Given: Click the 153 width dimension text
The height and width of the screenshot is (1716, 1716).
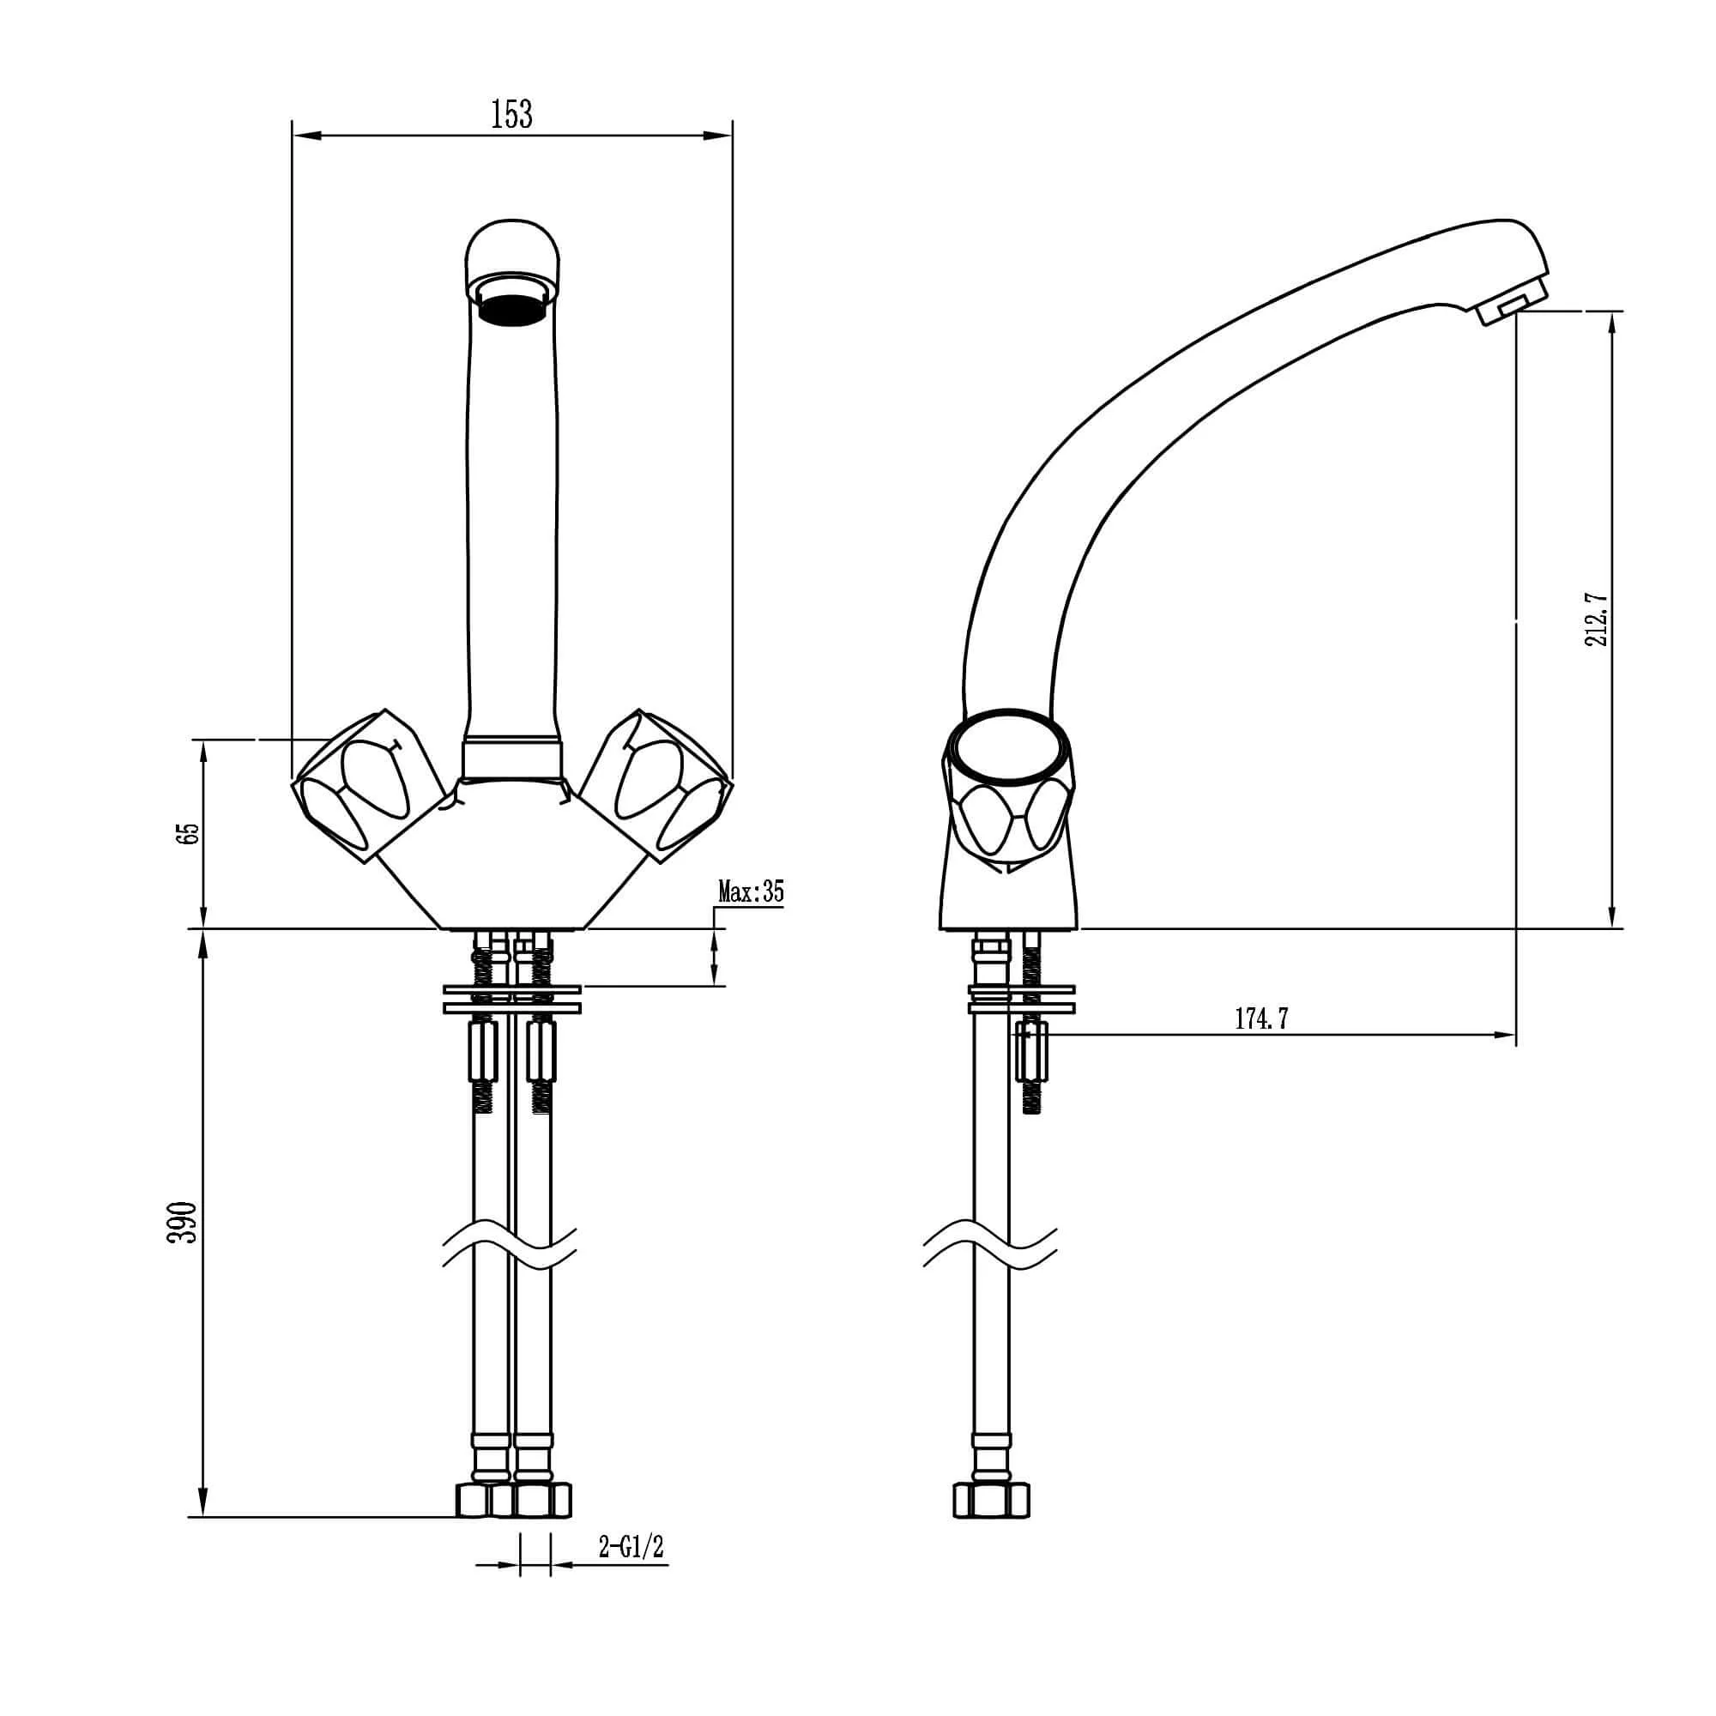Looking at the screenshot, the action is tap(511, 115).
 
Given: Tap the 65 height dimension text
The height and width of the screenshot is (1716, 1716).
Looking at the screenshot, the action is tap(188, 833).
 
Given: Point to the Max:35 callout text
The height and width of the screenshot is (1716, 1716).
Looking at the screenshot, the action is tap(752, 891).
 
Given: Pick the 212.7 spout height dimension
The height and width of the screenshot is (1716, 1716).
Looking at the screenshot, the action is tap(1598, 621).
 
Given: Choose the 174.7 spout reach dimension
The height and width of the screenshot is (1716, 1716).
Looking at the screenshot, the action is tap(1261, 1018).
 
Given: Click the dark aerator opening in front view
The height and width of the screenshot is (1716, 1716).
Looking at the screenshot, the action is tap(512, 311).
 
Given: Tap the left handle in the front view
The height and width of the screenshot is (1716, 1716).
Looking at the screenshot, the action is tap(369, 785).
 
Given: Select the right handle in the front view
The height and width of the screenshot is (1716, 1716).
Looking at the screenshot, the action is tap(656, 785).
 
